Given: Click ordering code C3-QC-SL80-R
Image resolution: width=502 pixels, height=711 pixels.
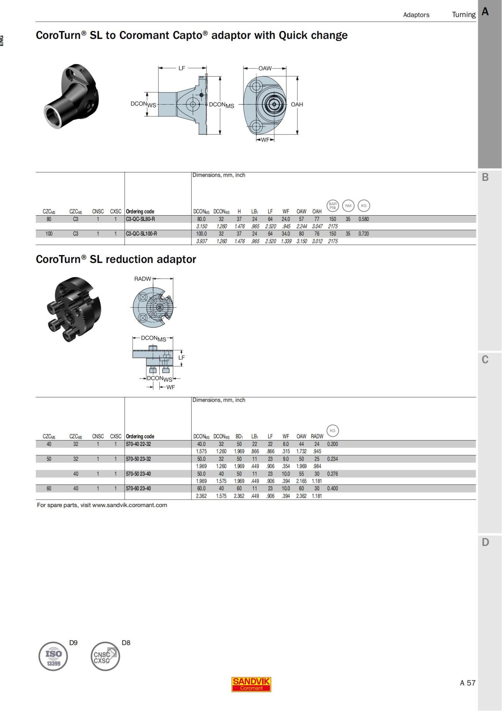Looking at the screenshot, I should (140, 219).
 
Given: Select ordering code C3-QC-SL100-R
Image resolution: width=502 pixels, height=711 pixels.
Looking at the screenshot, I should (141, 234).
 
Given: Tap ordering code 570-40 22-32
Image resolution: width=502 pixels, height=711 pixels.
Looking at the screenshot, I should (138, 444).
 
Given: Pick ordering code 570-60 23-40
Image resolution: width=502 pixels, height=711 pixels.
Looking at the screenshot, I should (138, 488).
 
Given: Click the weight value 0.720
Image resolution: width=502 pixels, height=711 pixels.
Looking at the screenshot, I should (364, 234).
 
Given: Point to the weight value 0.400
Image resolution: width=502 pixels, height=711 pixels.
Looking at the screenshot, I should (333, 488).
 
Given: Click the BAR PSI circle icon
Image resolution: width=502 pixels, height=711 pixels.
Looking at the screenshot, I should (333, 206).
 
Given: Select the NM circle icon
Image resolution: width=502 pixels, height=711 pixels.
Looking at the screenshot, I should (348, 206).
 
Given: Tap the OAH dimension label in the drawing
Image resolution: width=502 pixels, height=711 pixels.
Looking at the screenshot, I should (297, 104).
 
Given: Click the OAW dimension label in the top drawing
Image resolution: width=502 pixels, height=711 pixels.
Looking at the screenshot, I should (265, 68).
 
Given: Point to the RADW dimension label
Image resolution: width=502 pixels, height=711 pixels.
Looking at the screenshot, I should (142, 279).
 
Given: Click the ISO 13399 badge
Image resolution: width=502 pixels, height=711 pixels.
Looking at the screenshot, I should (53, 657).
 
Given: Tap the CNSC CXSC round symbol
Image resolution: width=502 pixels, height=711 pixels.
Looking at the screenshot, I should (105, 657).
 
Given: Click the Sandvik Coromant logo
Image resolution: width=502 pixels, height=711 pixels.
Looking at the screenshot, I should (251, 684).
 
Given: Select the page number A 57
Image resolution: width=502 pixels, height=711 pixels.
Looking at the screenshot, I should (467, 683).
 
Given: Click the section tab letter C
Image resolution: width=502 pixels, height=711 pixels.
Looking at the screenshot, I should (485, 360).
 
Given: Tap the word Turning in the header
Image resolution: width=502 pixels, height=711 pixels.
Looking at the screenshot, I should (464, 15).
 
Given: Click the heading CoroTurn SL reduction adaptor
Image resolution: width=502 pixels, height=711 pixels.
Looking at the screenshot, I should (116, 259).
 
